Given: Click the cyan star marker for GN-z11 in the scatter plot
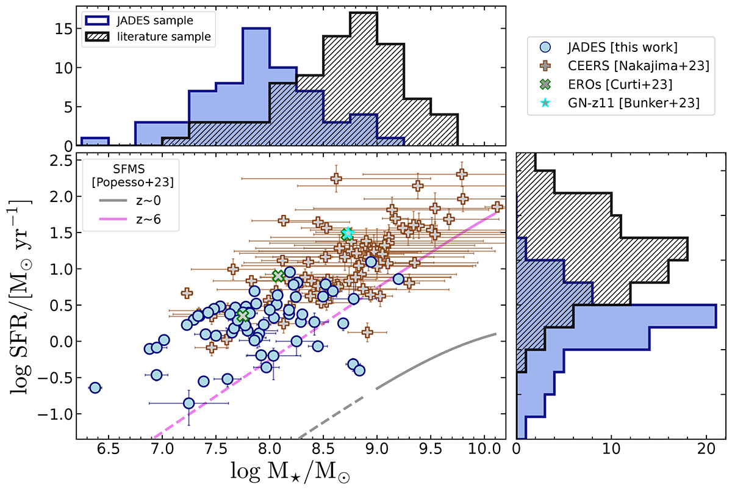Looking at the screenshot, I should point(348,233).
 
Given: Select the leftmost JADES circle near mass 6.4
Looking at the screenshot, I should point(95,387).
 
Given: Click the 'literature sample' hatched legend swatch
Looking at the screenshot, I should point(96,37).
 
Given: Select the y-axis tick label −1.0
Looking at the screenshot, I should point(55,414).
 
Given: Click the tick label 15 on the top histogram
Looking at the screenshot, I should point(63,29).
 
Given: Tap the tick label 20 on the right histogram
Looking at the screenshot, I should point(706,455).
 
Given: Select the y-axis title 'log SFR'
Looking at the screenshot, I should point(23,298).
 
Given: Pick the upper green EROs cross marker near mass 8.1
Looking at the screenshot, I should point(279,276).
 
